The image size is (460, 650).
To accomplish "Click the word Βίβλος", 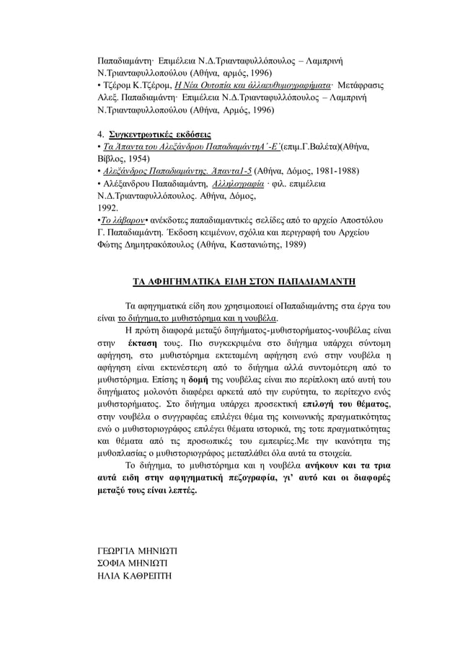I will click(112, 158).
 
